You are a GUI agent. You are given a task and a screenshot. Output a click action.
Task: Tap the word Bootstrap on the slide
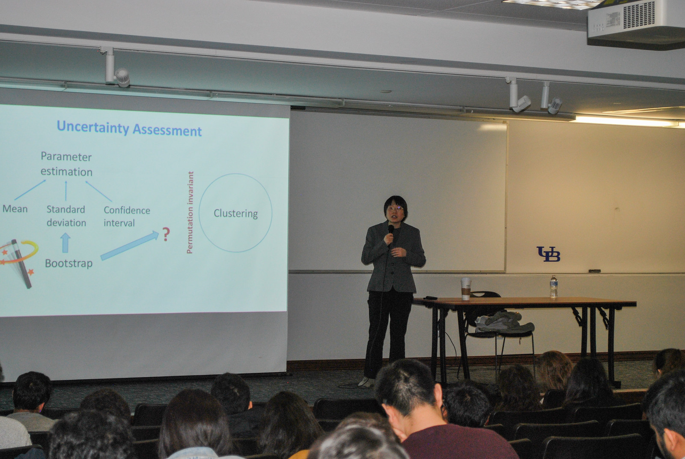point(69,263)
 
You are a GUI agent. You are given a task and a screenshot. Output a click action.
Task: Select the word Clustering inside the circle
point(235,213)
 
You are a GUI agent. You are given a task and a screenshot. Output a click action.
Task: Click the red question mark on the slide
point(166,234)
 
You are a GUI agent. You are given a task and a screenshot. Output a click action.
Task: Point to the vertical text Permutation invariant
point(190,213)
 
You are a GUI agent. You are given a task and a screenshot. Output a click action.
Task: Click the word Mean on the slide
point(15,209)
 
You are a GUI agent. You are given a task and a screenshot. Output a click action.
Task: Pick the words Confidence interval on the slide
point(127,216)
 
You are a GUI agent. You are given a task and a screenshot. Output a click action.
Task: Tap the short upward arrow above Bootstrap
point(65,243)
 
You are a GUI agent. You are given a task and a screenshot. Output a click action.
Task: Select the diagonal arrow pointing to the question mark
point(130,246)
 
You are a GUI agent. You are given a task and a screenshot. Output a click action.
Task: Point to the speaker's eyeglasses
point(396,209)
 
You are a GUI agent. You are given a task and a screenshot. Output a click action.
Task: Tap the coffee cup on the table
point(466,288)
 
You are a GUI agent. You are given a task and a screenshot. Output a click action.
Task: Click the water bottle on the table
point(554,287)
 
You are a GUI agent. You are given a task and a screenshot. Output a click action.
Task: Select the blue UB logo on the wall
point(548,254)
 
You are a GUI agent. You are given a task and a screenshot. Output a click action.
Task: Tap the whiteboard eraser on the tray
point(595,271)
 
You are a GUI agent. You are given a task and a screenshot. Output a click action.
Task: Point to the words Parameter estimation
point(66,164)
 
